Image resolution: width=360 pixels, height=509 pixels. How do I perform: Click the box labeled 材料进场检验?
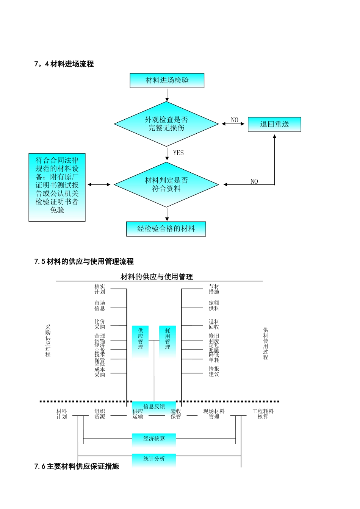[x=167, y=80]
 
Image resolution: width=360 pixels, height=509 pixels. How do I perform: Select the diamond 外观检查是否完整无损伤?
[x=166, y=124]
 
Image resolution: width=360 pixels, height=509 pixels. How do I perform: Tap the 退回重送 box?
[x=274, y=124]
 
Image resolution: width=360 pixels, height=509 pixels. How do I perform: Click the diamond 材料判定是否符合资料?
[x=166, y=184]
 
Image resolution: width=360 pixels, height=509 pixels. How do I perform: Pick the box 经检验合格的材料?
[x=166, y=229]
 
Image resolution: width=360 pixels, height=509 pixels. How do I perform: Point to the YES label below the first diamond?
[x=178, y=153]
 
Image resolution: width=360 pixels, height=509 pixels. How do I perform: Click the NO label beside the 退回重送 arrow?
[x=235, y=120]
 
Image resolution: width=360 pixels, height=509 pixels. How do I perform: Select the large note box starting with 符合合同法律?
[x=57, y=187]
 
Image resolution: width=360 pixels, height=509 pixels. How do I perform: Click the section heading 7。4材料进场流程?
[x=64, y=64]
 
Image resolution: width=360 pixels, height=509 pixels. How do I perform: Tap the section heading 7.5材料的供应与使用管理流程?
[x=84, y=261]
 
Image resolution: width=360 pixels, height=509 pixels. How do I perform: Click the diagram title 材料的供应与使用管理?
[x=157, y=277]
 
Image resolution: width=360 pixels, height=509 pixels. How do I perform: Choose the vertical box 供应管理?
[x=140, y=339]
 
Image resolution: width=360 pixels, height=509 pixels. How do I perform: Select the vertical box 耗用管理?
[x=167, y=339]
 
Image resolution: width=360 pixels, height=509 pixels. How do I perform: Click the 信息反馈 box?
[x=154, y=406]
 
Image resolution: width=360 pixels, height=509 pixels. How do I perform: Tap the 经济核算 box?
[x=154, y=439]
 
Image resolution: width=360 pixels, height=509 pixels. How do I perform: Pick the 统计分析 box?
[x=154, y=459]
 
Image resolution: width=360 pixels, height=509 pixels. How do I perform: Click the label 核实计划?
[x=100, y=289]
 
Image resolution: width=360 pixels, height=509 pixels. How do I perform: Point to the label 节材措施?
[x=214, y=289]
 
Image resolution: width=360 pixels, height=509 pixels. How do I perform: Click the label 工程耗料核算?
[x=263, y=414]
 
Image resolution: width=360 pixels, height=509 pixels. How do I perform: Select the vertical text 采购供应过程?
[x=48, y=340]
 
